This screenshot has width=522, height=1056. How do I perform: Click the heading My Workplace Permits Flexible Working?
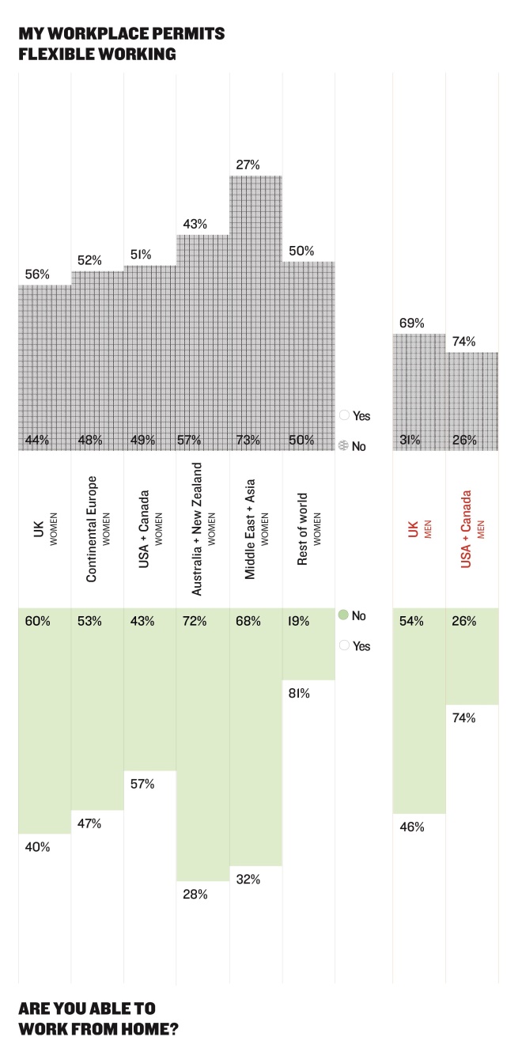tap(122, 44)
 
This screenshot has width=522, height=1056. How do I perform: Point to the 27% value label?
tap(248, 165)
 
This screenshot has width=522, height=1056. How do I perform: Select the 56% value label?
tap(37, 274)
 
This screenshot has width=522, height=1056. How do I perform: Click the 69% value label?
tap(412, 323)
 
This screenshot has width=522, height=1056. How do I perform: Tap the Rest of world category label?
tap(307, 529)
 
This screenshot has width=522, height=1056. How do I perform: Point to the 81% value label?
tap(300, 694)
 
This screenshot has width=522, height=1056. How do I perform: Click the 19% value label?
tap(301, 621)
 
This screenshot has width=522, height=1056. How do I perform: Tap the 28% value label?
tap(195, 895)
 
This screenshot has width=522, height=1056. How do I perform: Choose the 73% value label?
tap(248, 440)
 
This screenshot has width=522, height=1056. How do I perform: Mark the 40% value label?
tap(37, 847)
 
